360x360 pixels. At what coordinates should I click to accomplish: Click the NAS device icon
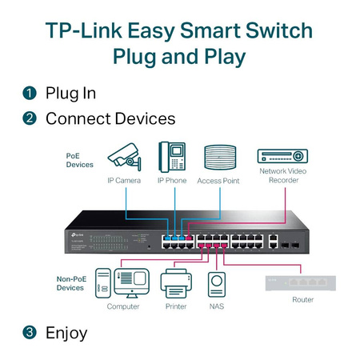[216, 285]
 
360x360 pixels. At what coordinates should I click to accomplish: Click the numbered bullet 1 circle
[30, 94]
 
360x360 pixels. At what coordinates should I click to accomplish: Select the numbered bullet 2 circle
[30, 119]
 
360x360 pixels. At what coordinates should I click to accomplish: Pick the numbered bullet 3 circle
[30, 332]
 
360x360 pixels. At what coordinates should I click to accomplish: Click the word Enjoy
[66, 332]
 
